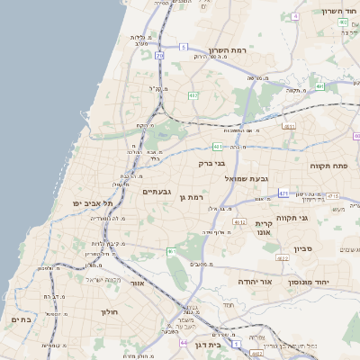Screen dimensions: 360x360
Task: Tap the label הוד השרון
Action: tap(339, 12)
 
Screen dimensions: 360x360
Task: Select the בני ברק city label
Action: tap(212, 164)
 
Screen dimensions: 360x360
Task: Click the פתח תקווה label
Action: tap(328, 166)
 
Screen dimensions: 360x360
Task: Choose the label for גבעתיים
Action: tap(157, 192)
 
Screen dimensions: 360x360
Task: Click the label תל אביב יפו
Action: tap(93, 204)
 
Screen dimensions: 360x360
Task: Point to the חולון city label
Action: tap(107, 312)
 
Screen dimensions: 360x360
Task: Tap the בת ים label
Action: tap(20, 319)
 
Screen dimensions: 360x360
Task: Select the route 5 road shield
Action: tap(183, 46)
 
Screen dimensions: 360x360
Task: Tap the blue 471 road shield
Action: tap(284, 193)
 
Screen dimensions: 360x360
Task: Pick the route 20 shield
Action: tap(159, 56)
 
